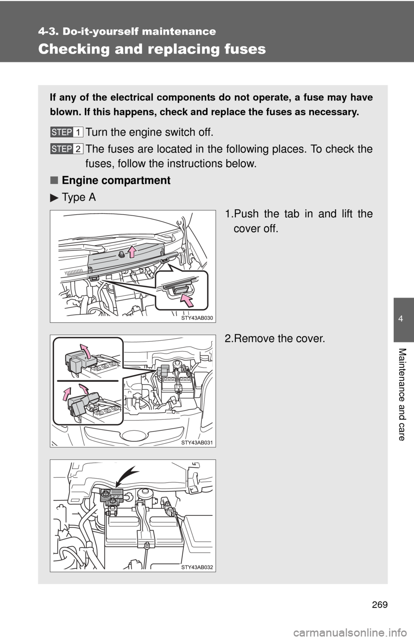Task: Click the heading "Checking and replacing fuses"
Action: [152, 49]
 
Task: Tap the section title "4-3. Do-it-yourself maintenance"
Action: [127, 31]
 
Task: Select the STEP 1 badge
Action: [66, 132]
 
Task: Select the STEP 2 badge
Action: [66, 149]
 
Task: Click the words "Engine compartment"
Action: [116, 180]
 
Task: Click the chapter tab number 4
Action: [403, 319]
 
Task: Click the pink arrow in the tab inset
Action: [188, 298]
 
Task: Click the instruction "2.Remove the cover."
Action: [275, 339]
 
